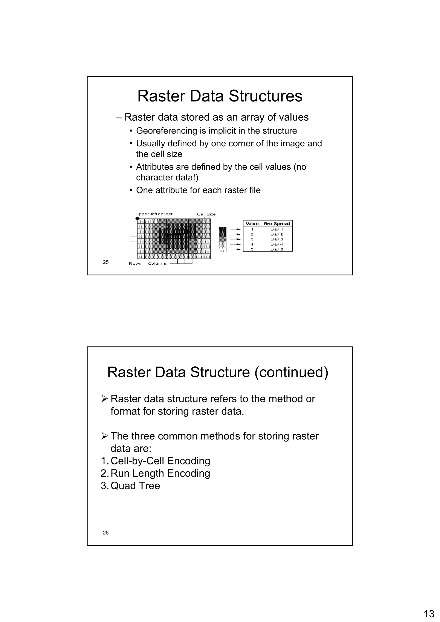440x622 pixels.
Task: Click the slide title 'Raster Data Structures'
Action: point(220,96)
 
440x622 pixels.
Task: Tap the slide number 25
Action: point(106,262)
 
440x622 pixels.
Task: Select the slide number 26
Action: point(106,532)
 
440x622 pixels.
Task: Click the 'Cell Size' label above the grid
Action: point(206,214)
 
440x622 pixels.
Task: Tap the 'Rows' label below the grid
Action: point(135,263)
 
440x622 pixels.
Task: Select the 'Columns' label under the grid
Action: point(157,263)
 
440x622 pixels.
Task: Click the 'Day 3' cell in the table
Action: point(277,239)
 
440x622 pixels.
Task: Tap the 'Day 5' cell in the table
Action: point(277,249)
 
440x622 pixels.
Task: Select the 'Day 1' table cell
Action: point(277,229)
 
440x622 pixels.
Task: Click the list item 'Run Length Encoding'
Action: point(160,473)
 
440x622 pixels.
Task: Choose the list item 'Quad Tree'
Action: point(135,486)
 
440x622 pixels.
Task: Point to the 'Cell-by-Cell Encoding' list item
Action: point(160,461)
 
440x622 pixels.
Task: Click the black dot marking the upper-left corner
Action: point(137,218)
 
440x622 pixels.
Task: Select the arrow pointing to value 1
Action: point(235,229)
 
